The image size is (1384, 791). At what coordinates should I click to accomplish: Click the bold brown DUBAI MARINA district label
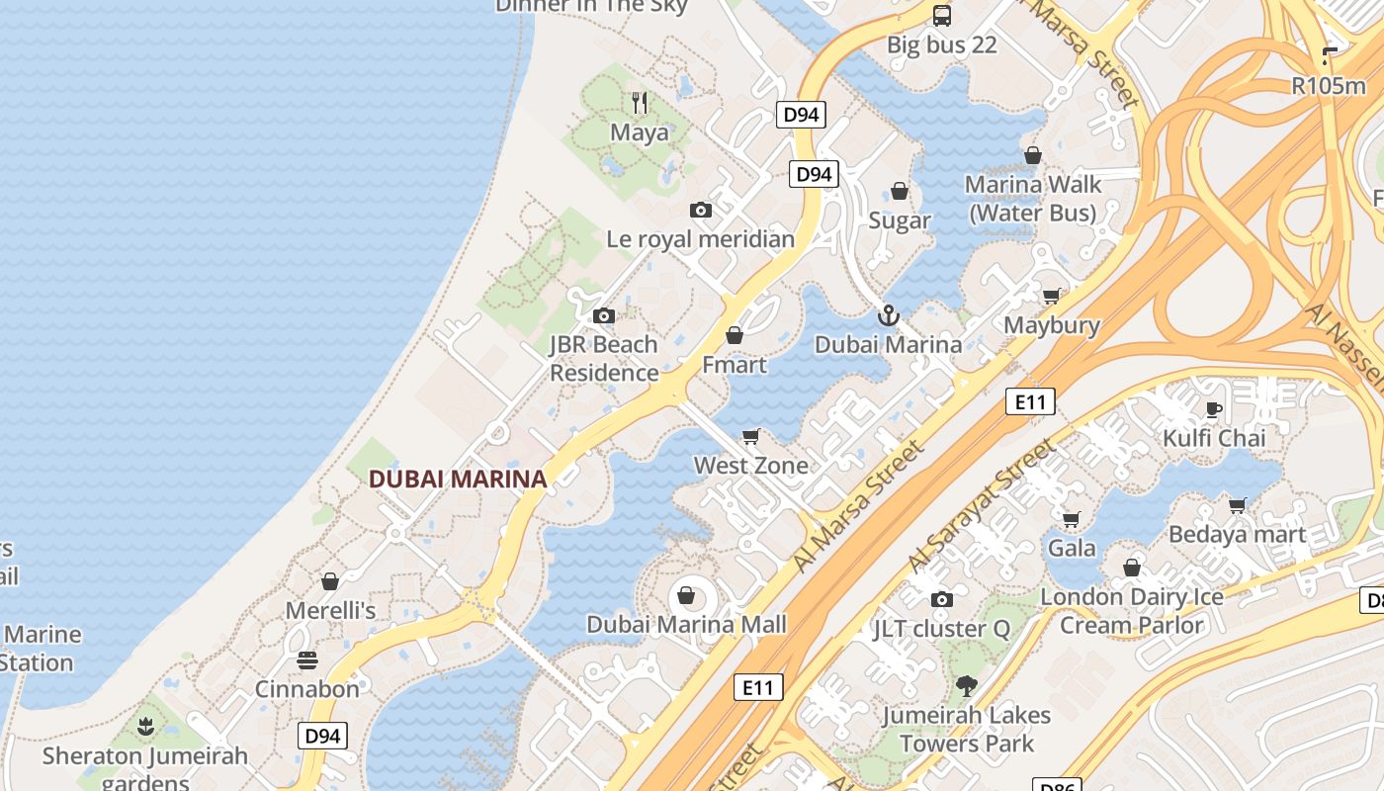click(x=457, y=480)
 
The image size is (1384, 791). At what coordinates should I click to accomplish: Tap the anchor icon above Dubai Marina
click(x=889, y=315)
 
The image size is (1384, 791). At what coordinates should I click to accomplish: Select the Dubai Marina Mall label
click(x=687, y=624)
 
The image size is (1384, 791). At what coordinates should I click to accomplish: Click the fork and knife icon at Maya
click(x=640, y=103)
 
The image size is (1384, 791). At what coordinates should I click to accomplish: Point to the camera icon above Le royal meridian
click(x=701, y=210)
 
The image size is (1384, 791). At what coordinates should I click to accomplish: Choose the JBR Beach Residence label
click(x=604, y=359)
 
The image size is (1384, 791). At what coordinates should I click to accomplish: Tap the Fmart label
click(x=735, y=365)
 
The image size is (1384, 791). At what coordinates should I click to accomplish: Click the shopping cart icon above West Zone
click(x=751, y=436)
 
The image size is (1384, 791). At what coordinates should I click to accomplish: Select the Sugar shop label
click(x=900, y=220)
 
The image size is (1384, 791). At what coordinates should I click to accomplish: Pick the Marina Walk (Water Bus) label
click(x=1033, y=199)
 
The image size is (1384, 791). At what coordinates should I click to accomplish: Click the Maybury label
click(x=1052, y=325)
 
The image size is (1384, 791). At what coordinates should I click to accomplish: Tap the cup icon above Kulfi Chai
click(x=1214, y=409)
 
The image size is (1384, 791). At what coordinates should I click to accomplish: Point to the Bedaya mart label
click(x=1238, y=535)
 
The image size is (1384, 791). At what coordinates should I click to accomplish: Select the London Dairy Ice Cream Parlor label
click(x=1132, y=611)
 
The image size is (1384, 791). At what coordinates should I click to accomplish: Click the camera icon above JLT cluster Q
click(x=942, y=599)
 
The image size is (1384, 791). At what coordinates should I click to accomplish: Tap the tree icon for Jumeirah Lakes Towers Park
click(x=967, y=685)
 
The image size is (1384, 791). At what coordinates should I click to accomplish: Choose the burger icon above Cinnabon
click(x=307, y=659)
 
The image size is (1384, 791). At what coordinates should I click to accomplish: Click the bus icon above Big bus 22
click(x=942, y=15)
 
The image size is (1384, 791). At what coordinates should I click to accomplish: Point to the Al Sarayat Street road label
click(x=980, y=505)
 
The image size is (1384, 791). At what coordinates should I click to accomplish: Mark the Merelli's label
click(x=330, y=611)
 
